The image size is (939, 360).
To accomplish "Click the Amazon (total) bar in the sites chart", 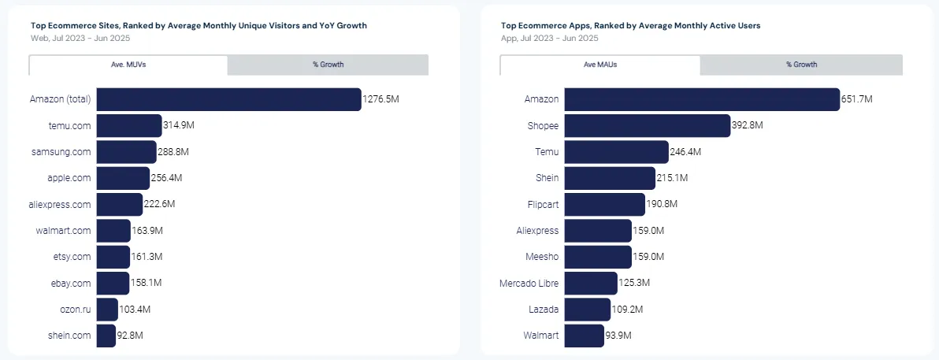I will [x=228, y=99].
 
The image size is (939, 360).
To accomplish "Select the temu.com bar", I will [x=128, y=125].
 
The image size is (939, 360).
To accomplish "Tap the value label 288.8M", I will [x=173, y=151].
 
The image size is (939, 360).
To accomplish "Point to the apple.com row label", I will [x=69, y=178].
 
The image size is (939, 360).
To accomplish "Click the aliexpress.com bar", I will [x=119, y=204].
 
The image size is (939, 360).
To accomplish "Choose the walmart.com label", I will [x=64, y=231].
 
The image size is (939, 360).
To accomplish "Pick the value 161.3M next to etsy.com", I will [x=147, y=257].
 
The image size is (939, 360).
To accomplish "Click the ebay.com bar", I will [x=113, y=283].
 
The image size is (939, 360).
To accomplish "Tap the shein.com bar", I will [x=106, y=336].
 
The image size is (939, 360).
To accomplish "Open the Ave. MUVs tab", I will [x=128, y=65].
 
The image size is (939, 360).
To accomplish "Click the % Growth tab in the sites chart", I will [x=328, y=65].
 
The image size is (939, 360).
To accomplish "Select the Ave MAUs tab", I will [x=600, y=65].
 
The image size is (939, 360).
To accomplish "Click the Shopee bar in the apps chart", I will [x=647, y=125].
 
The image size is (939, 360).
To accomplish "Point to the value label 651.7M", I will [x=857, y=99].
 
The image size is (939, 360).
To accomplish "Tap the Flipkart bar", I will [x=604, y=204].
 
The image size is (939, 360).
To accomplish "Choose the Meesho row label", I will [x=542, y=257].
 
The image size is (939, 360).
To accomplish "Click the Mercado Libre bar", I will [x=591, y=283].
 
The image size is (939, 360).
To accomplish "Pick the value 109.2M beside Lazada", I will [x=629, y=310].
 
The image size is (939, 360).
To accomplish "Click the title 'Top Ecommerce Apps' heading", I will [x=630, y=26].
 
